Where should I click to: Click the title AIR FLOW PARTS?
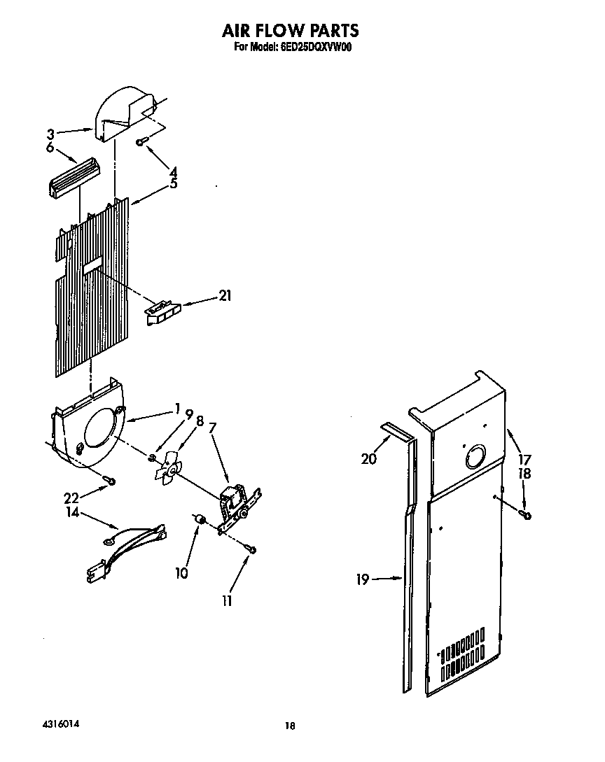290,30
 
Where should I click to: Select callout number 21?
225,296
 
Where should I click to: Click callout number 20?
369,459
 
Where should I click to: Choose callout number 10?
181,573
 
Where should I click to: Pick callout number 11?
227,600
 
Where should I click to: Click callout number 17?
524,460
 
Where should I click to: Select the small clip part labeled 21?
162,311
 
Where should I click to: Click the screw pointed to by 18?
526,516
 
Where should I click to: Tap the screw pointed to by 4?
141,142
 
